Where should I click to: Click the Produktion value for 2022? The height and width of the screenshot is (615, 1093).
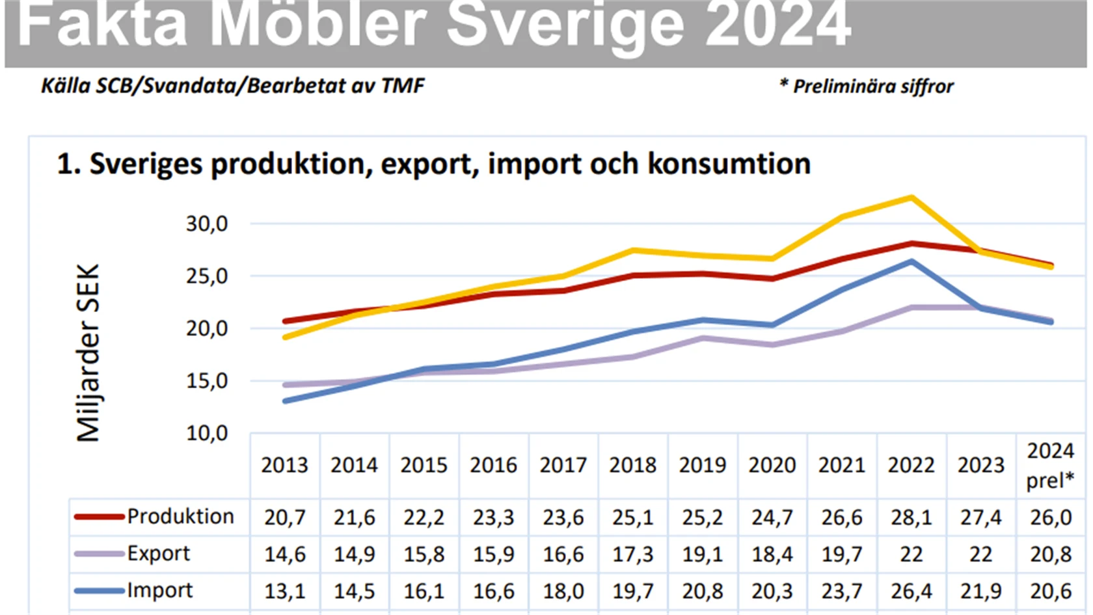click(x=911, y=517)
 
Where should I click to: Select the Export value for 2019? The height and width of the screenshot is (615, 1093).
click(x=702, y=555)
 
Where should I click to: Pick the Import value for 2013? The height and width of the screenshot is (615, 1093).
click(x=284, y=592)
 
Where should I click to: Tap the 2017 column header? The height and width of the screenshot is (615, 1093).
click(x=563, y=465)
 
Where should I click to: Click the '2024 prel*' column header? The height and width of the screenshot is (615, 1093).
click(x=1050, y=465)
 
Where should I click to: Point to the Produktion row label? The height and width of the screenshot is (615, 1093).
click(x=180, y=517)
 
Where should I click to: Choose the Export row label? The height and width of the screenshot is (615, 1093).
click(x=158, y=554)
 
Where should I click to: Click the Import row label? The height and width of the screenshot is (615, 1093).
click(x=159, y=591)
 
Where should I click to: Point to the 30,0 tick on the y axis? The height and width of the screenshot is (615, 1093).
click(x=207, y=224)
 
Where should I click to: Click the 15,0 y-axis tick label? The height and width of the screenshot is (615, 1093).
click(x=207, y=381)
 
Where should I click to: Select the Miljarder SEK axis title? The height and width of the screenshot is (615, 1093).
click(x=88, y=353)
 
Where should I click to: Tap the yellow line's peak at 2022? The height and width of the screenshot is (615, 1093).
click(x=911, y=197)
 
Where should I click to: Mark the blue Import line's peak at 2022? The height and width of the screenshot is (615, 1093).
click(x=911, y=261)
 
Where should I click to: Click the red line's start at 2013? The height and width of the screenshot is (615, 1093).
click(x=285, y=321)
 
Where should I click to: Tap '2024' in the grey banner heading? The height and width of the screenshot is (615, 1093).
click(x=778, y=25)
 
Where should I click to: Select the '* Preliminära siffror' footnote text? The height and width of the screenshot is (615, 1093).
click(x=866, y=86)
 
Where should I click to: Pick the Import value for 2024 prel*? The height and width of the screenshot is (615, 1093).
click(x=1050, y=592)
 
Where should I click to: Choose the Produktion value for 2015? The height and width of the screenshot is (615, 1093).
click(x=424, y=517)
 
